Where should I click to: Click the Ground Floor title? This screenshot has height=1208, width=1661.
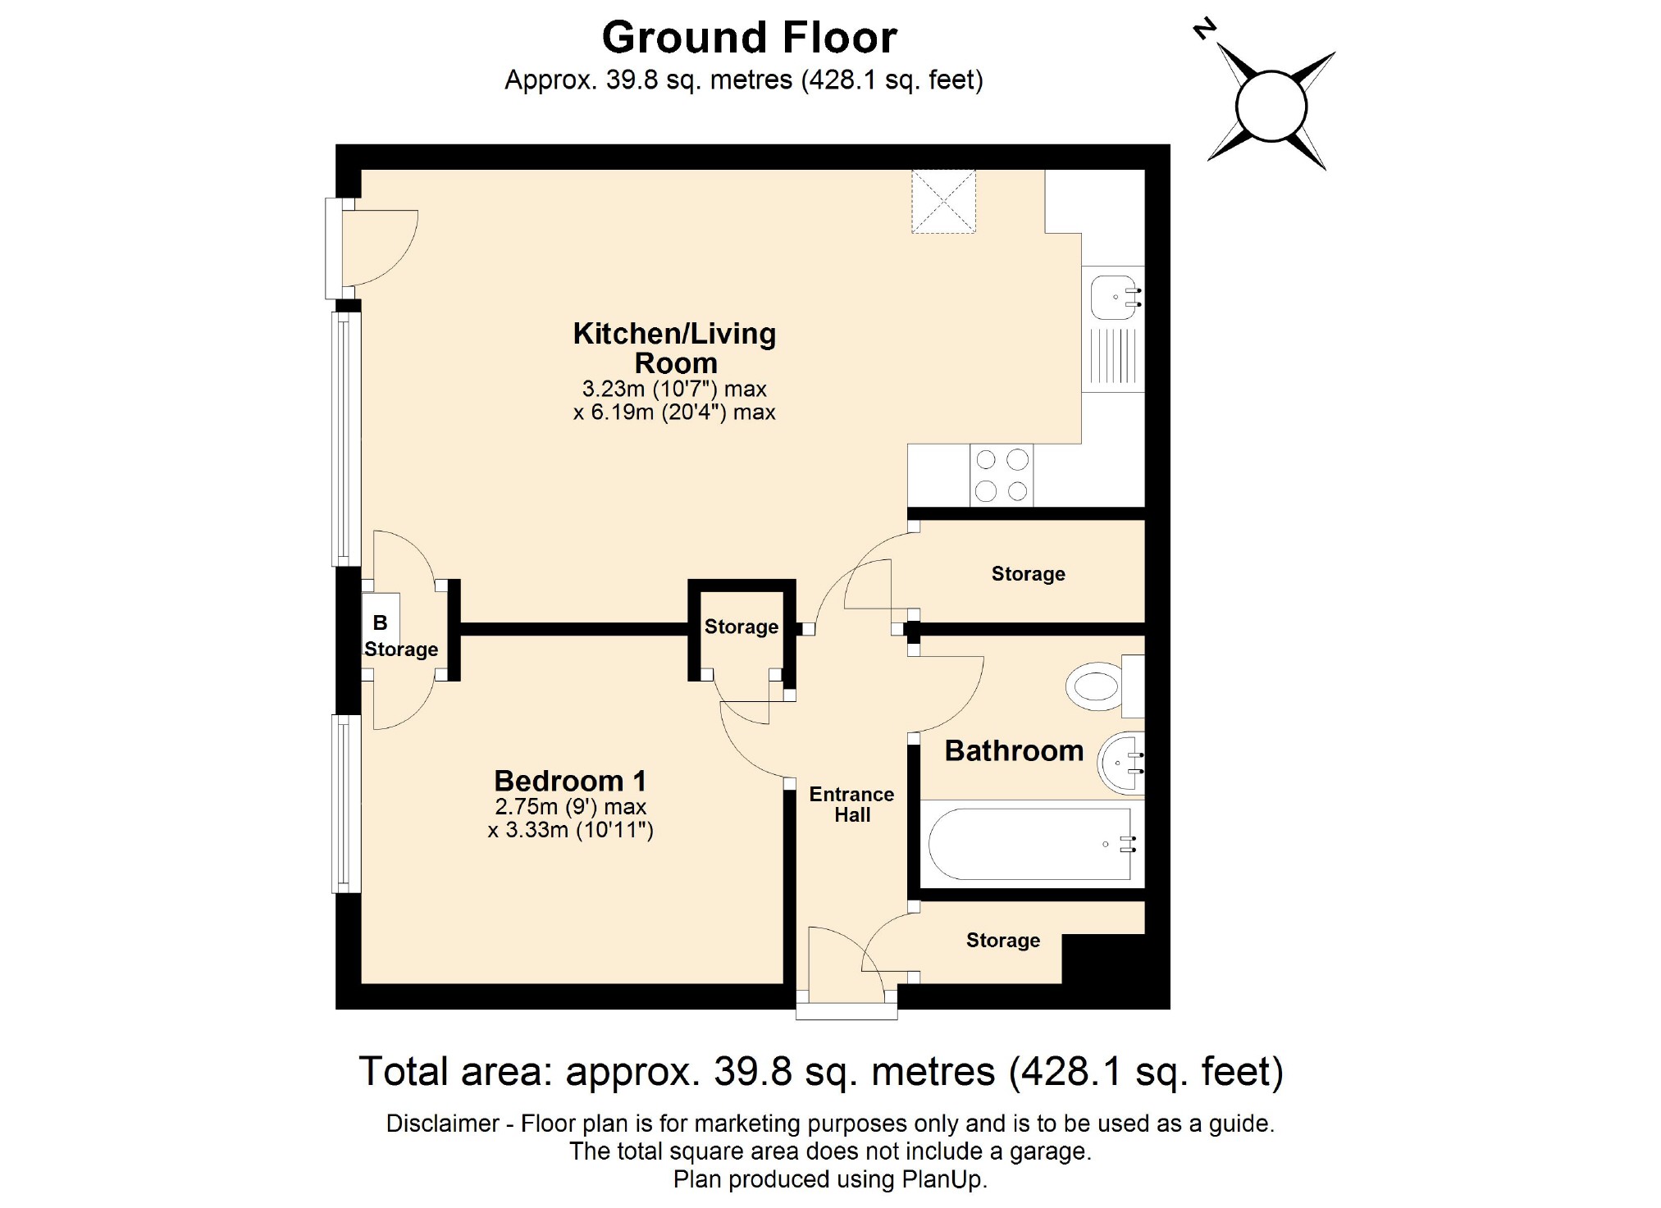(749, 38)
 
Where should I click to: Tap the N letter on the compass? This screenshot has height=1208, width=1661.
(1203, 30)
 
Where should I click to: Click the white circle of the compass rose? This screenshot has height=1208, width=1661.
(1271, 106)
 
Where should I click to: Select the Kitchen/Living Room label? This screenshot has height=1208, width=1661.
(674, 348)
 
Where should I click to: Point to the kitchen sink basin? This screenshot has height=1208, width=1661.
(1113, 297)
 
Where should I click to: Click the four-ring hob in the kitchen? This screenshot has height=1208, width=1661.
(1002, 476)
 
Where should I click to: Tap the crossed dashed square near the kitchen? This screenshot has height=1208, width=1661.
(943, 202)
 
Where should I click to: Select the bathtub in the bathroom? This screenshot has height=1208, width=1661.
(1030, 844)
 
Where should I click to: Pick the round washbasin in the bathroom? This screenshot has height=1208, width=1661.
(1120, 764)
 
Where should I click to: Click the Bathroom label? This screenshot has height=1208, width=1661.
(1014, 750)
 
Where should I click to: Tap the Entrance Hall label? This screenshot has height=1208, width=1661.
(851, 805)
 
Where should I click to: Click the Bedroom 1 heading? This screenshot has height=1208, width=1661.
(570, 780)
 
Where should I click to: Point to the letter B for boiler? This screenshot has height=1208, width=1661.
(380, 622)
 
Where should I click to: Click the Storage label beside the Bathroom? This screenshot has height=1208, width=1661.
(1028, 574)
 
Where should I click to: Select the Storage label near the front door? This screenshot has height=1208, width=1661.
(1002, 940)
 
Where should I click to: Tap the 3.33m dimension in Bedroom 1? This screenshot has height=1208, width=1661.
(536, 830)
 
